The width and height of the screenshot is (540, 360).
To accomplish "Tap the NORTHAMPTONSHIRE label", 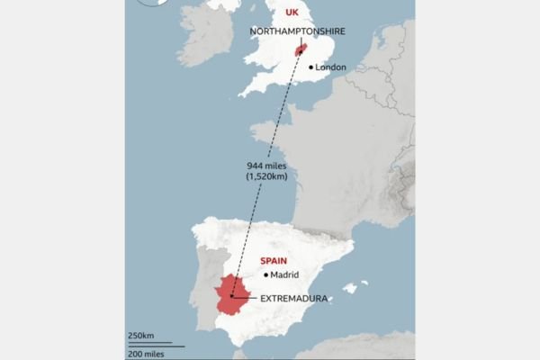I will click(x=299, y=31).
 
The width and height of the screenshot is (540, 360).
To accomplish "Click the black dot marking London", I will click(x=311, y=67).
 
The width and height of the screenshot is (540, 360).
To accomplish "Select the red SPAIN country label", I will click(x=274, y=260).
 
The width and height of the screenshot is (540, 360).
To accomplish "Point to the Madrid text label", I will click(x=284, y=275).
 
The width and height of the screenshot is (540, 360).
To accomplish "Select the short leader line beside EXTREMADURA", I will click(x=244, y=296).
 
